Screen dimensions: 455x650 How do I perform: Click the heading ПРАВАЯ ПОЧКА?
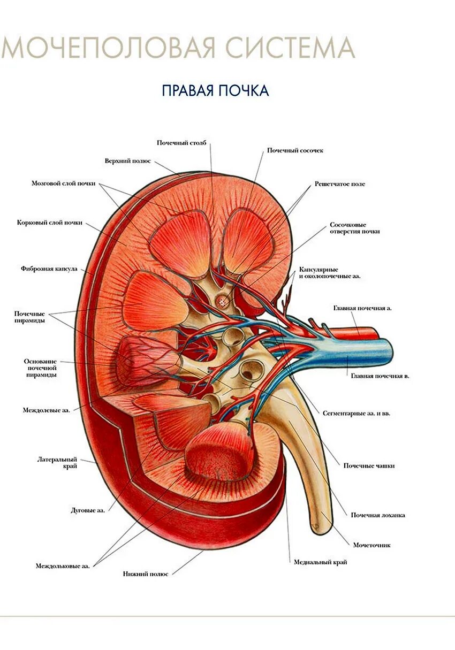(215, 90)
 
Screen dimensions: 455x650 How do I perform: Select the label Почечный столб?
(181, 143)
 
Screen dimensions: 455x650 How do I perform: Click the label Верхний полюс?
(127, 160)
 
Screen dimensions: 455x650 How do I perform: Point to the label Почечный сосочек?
(295, 150)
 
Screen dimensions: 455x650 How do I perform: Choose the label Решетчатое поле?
(340, 184)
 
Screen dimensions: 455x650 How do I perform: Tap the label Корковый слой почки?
(49, 223)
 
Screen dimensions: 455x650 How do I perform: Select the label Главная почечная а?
(362, 309)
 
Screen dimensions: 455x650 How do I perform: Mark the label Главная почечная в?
(380, 376)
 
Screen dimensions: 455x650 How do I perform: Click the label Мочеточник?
(371, 545)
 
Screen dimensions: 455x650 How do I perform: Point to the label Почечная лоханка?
(377, 515)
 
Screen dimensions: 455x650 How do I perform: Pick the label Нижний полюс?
(145, 573)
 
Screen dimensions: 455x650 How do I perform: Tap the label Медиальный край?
(320, 562)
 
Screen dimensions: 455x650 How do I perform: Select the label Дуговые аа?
(87, 510)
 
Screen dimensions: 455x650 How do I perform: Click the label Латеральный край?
(57, 463)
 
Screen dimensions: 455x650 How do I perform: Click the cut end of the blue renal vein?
(388, 351)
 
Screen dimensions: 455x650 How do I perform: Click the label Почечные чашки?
(369, 465)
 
